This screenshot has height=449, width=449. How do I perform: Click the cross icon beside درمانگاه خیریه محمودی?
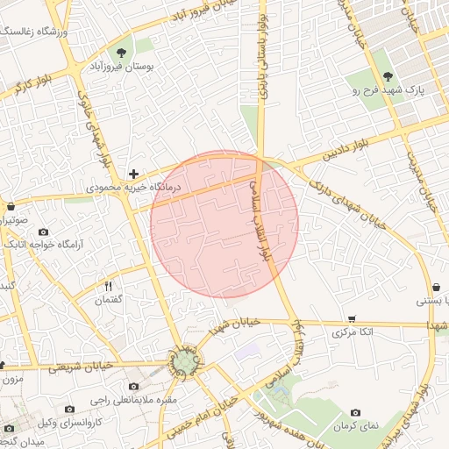click(133, 175)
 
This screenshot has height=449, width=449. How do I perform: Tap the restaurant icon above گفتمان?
click(109, 286)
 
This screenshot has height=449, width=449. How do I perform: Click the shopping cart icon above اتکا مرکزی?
click(352, 318)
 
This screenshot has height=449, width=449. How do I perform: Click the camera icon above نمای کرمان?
click(355, 412)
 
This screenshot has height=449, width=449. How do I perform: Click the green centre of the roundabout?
click(184, 361)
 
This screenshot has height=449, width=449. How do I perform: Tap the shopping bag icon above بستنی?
click(436, 287)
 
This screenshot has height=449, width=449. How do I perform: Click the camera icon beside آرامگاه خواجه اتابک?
click(43, 232)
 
